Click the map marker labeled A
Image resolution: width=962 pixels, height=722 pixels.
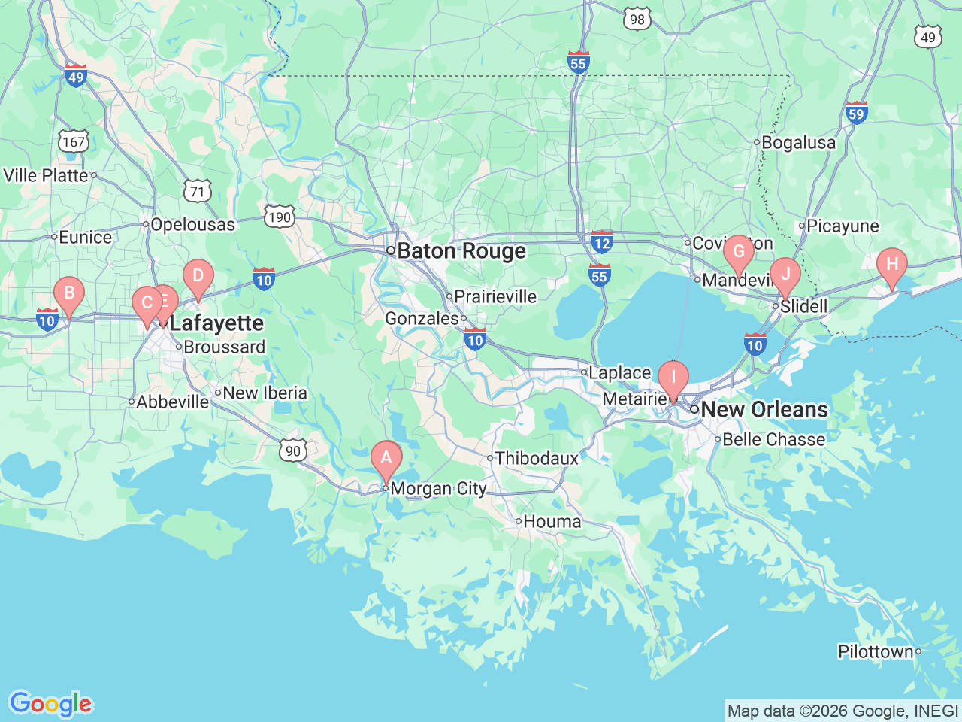tap(386, 458)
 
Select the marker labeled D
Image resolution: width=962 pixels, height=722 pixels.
tap(198, 276)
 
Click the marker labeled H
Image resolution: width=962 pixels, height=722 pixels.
tap(892, 265)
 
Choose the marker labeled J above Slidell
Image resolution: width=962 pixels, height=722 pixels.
tap(785, 275)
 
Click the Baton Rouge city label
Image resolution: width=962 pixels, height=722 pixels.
tap(461, 251)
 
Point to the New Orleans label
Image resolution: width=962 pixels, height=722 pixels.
tap(764, 410)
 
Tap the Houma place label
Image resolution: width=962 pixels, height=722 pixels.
tap(552, 521)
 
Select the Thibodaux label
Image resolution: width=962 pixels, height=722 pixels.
tap(537, 458)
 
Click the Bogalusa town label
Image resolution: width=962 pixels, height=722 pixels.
tap(798, 142)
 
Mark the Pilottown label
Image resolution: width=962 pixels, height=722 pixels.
tap(876, 651)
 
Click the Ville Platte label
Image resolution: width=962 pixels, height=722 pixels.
tap(46, 175)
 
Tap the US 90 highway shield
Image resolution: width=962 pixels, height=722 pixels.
tap(292, 450)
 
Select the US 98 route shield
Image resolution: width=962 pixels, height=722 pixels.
tap(637, 19)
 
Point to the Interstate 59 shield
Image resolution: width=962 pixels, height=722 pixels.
tap(856, 113)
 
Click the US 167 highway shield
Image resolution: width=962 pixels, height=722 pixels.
tap(74, 141)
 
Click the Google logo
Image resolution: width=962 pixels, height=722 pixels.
tap(50, 705)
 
